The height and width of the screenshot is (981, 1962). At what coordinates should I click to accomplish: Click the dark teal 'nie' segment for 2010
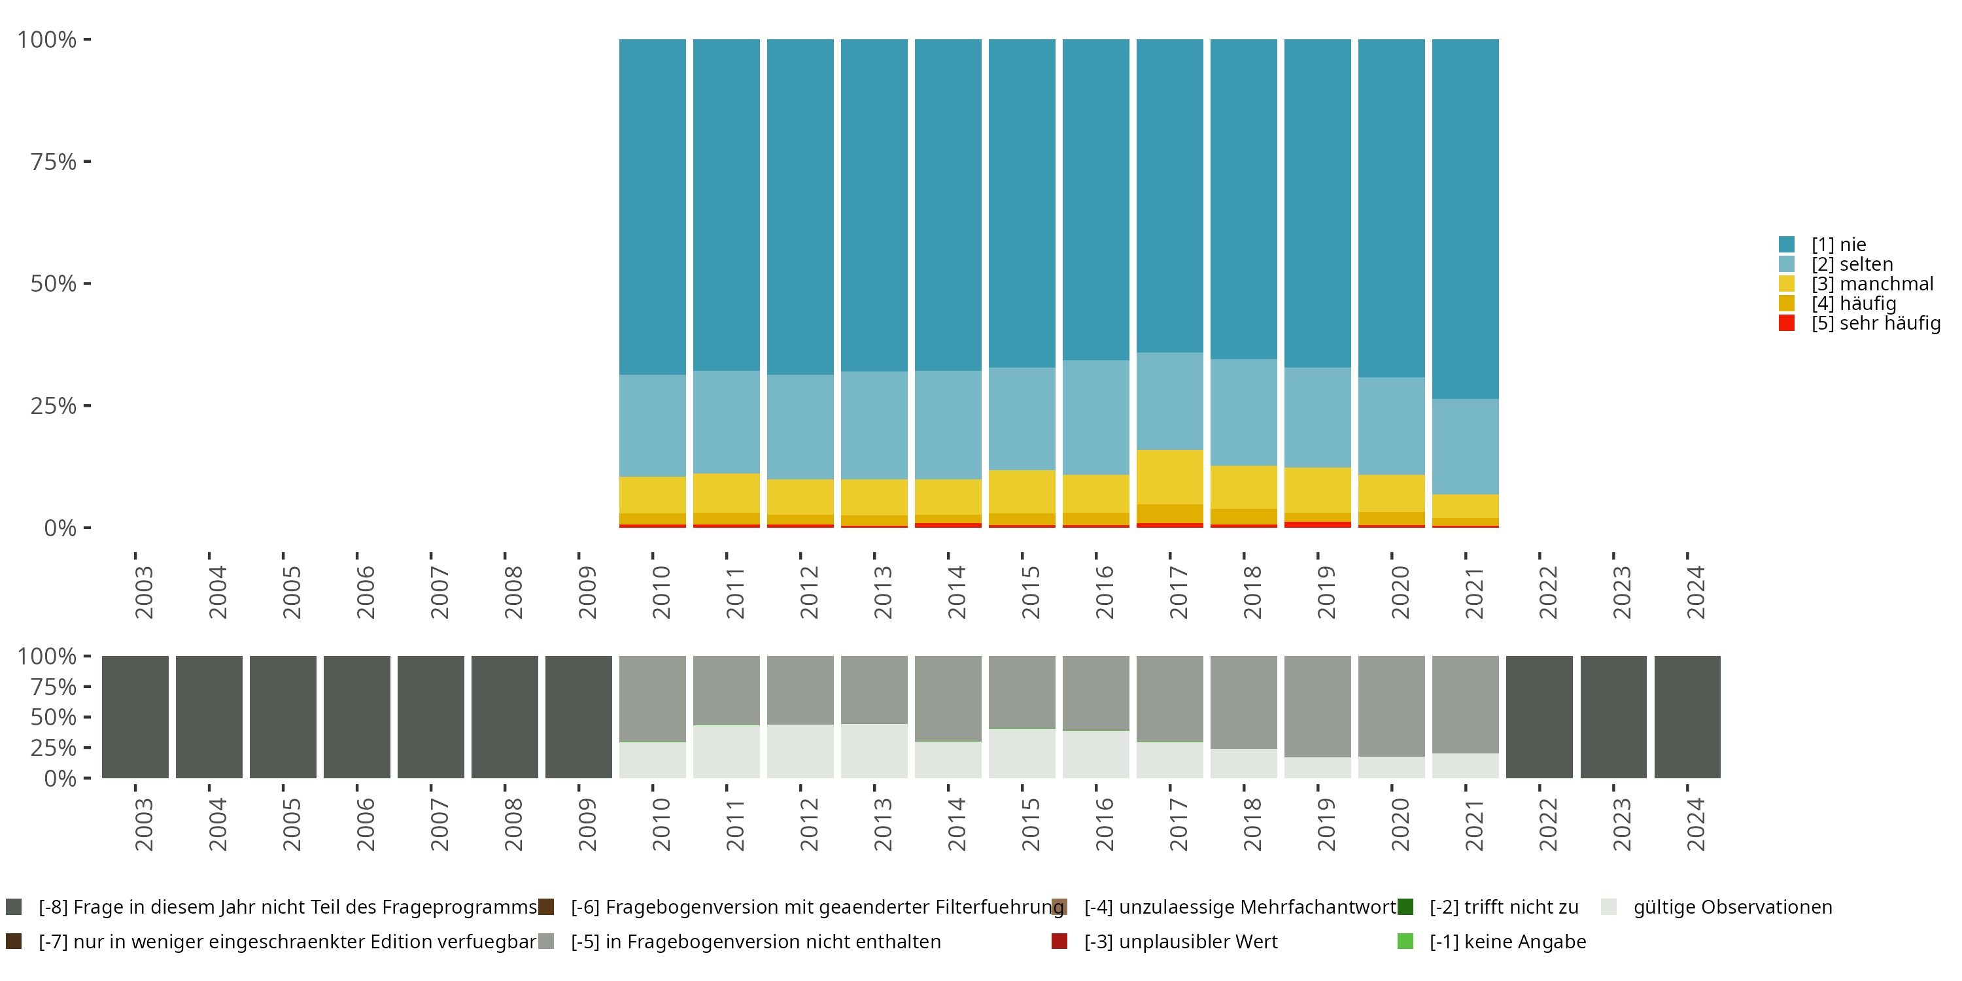pos(652,205)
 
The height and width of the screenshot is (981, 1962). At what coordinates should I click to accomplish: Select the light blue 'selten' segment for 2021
pos(1465,446)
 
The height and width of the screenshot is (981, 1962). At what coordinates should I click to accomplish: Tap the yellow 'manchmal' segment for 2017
pos(1169,477)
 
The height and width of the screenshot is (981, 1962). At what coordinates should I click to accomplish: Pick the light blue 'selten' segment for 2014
pos(948,425)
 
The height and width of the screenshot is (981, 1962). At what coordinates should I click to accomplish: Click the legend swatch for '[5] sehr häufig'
pos(1786,323)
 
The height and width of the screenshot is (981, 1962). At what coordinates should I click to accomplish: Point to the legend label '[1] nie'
pos(1838,245)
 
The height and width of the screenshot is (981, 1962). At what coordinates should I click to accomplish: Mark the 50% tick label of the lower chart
pos(54,717)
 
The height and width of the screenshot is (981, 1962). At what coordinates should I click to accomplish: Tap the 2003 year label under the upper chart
pos(143,592)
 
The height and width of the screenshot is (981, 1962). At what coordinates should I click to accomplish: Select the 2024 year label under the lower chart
pos(1695,824)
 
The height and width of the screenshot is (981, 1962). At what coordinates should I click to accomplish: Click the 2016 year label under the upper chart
pos(1104,592)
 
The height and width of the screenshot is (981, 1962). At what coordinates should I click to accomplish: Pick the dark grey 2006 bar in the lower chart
pos(356,717)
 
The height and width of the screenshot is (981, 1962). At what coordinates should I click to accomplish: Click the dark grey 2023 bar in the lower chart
pos(1613,717)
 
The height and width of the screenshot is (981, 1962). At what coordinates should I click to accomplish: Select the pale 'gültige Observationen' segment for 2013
pos(874,751)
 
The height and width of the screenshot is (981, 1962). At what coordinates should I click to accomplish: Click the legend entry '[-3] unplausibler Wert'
pos(1180,941)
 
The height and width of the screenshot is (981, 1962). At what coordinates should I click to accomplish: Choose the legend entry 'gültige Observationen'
pos(1731,907)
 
